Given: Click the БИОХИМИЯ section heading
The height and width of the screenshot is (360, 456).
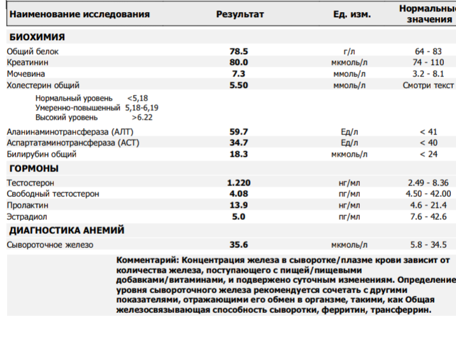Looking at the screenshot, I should (37, 37).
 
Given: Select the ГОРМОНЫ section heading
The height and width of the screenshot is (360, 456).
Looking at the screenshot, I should (34, 169).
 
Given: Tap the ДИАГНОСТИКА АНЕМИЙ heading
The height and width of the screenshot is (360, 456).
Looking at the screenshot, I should (66, 230).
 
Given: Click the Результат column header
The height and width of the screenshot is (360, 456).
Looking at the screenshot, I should (239, 14).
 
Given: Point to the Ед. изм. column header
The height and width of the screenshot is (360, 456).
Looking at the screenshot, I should (352, 14).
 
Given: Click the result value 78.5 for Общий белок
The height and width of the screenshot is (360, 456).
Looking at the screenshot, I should (239, 51).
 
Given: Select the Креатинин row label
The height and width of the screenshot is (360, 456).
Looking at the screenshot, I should (27, 62).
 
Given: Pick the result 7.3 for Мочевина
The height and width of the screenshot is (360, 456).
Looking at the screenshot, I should (239, 74).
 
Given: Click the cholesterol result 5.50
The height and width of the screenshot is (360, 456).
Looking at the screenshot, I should (239, 85).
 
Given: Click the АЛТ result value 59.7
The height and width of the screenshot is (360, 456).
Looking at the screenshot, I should (239, 131).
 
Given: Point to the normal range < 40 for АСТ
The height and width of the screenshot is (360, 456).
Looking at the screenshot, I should (428, 143).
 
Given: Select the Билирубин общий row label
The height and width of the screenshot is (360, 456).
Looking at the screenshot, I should (41, 154).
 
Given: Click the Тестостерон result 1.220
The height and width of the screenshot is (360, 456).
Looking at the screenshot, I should (239, 182).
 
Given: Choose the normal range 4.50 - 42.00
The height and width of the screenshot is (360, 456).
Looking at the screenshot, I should (428, 194).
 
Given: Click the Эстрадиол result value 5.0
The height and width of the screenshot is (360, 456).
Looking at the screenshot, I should (239, 217).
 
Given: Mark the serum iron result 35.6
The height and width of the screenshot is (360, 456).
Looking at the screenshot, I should (239, 244).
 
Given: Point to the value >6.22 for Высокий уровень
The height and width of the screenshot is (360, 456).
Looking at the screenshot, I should (142, 117).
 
